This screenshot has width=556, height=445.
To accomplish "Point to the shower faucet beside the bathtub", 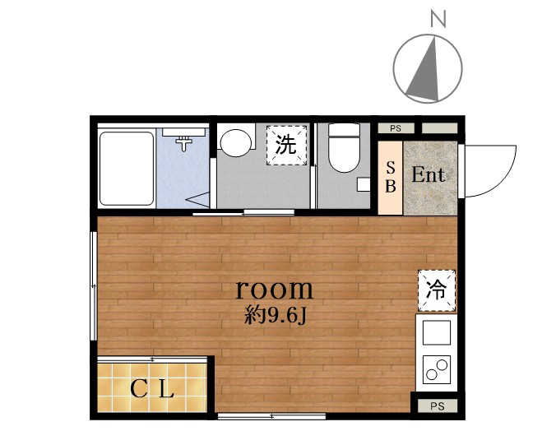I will point(186,141).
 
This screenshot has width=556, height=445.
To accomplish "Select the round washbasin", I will point(236,142).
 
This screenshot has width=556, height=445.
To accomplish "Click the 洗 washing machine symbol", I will point(286,146).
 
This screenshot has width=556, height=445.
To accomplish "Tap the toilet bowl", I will point(344,147).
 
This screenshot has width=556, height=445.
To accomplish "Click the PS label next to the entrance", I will point(396,128).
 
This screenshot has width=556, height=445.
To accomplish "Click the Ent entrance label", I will point(429,175).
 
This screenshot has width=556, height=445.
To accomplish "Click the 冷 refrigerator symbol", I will point(436,290).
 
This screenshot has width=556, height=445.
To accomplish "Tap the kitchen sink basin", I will point(436,333).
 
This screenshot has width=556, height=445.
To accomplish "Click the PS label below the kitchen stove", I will point(436,406).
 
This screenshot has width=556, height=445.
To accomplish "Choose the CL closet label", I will point(153,389).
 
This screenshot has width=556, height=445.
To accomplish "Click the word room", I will point(275,289).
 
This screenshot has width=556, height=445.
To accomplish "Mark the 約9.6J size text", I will point(276,314).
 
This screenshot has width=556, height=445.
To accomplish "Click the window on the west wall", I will point(93,285).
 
